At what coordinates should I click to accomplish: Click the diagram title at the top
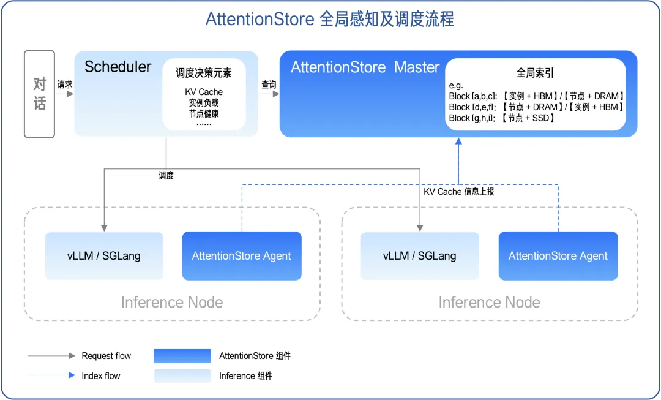pyautogui.click(x=330, y=20)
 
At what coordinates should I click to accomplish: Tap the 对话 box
pyautogui.click(x=40, y=94)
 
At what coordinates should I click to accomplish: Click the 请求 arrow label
pyautogui.click(x=65, y=85)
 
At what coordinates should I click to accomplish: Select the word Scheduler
pyautogui.click(x=118, y=67)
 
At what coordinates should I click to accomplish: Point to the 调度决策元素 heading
pyautogui.click(x=204, y=73)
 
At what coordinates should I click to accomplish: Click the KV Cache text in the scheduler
pyautogui.click(x=204, y=92)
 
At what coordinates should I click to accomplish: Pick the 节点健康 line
pyautogui.click(x=204, y=113)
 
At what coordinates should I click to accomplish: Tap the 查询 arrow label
pyautogui.click(x=269, y=85)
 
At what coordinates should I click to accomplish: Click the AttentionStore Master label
pyautogui.click(x=365, y=67)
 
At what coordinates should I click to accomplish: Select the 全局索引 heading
pyautogui.click(x=535, y=73)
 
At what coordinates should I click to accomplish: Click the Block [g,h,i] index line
pyautogui.click(x=502, y=118)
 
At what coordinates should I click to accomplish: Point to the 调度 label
pyautogui.click(x=166, y=176)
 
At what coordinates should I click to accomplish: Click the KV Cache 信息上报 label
pyautogui.click(x=458, y=192)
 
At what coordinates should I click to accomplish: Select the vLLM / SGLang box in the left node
pyautogui.click(x=104, y=256)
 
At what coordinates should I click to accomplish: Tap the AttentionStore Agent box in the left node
pyautogui.click(x=242, y=256)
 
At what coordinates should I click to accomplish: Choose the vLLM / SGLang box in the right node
pyautogui.click(x=420, y=256)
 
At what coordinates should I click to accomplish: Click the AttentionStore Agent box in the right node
pyautogui.click(x=558, y=256)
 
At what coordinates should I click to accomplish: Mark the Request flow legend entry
pyautogui.click(x=106, y=356)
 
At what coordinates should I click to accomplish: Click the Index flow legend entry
pyautogui.click(x=101, y=375)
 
